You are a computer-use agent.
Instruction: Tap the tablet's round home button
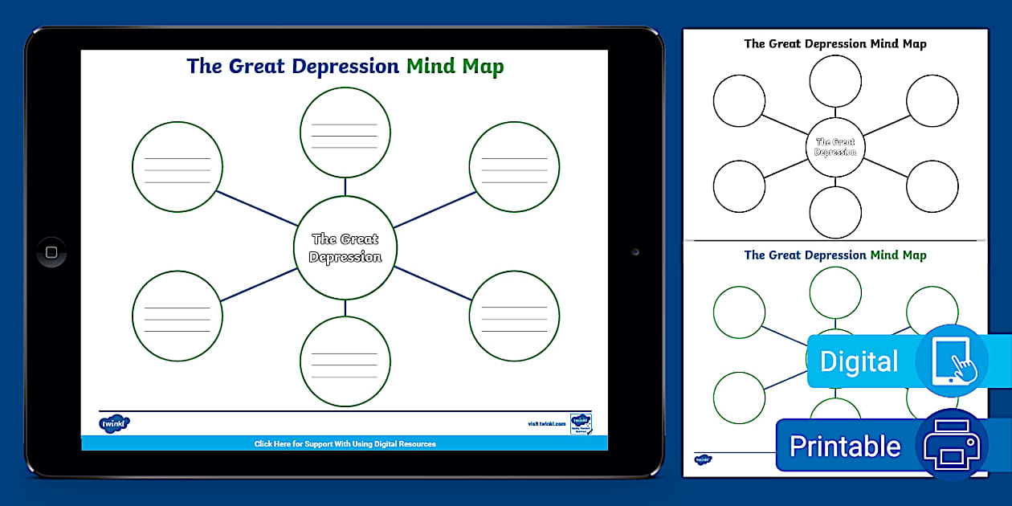tap(51, 252)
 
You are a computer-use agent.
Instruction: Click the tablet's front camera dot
tap(635, 252)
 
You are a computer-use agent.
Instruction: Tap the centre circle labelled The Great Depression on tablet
tap(345, 247)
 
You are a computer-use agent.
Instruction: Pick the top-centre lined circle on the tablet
tap(345, 132)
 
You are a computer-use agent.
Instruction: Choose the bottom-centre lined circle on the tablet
tap(345, 361)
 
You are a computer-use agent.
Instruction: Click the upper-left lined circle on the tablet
tap(177, 166)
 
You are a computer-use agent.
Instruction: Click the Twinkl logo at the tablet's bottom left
tap(114, 423)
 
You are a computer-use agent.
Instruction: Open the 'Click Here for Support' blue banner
tap(345, 443)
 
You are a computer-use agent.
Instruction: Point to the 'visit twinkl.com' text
tap(547, 423)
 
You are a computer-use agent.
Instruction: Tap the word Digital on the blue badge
tap(859, 361)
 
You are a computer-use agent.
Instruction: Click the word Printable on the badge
tap(845, 446)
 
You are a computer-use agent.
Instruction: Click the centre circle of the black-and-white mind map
tap(835, 147)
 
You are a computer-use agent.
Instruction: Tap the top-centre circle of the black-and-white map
tap(835, 81)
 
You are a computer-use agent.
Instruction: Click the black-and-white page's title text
tap(835, 43)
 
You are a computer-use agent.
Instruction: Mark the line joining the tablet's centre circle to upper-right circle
tap(434, 210)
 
